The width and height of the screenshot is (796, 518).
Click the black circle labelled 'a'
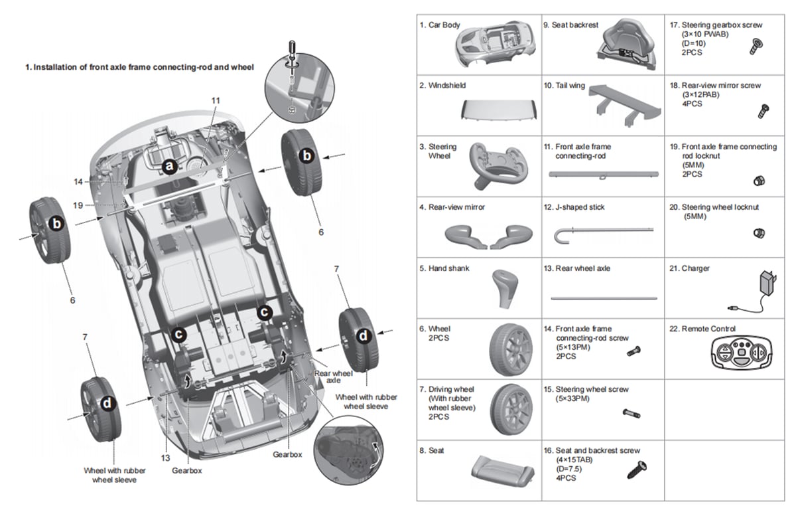(169, 166)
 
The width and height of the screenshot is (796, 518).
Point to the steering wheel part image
(498, 163)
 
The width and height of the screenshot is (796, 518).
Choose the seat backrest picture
(627, 46)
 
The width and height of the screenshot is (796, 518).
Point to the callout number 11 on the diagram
(216, 100)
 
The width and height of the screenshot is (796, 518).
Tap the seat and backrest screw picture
(637, 470)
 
